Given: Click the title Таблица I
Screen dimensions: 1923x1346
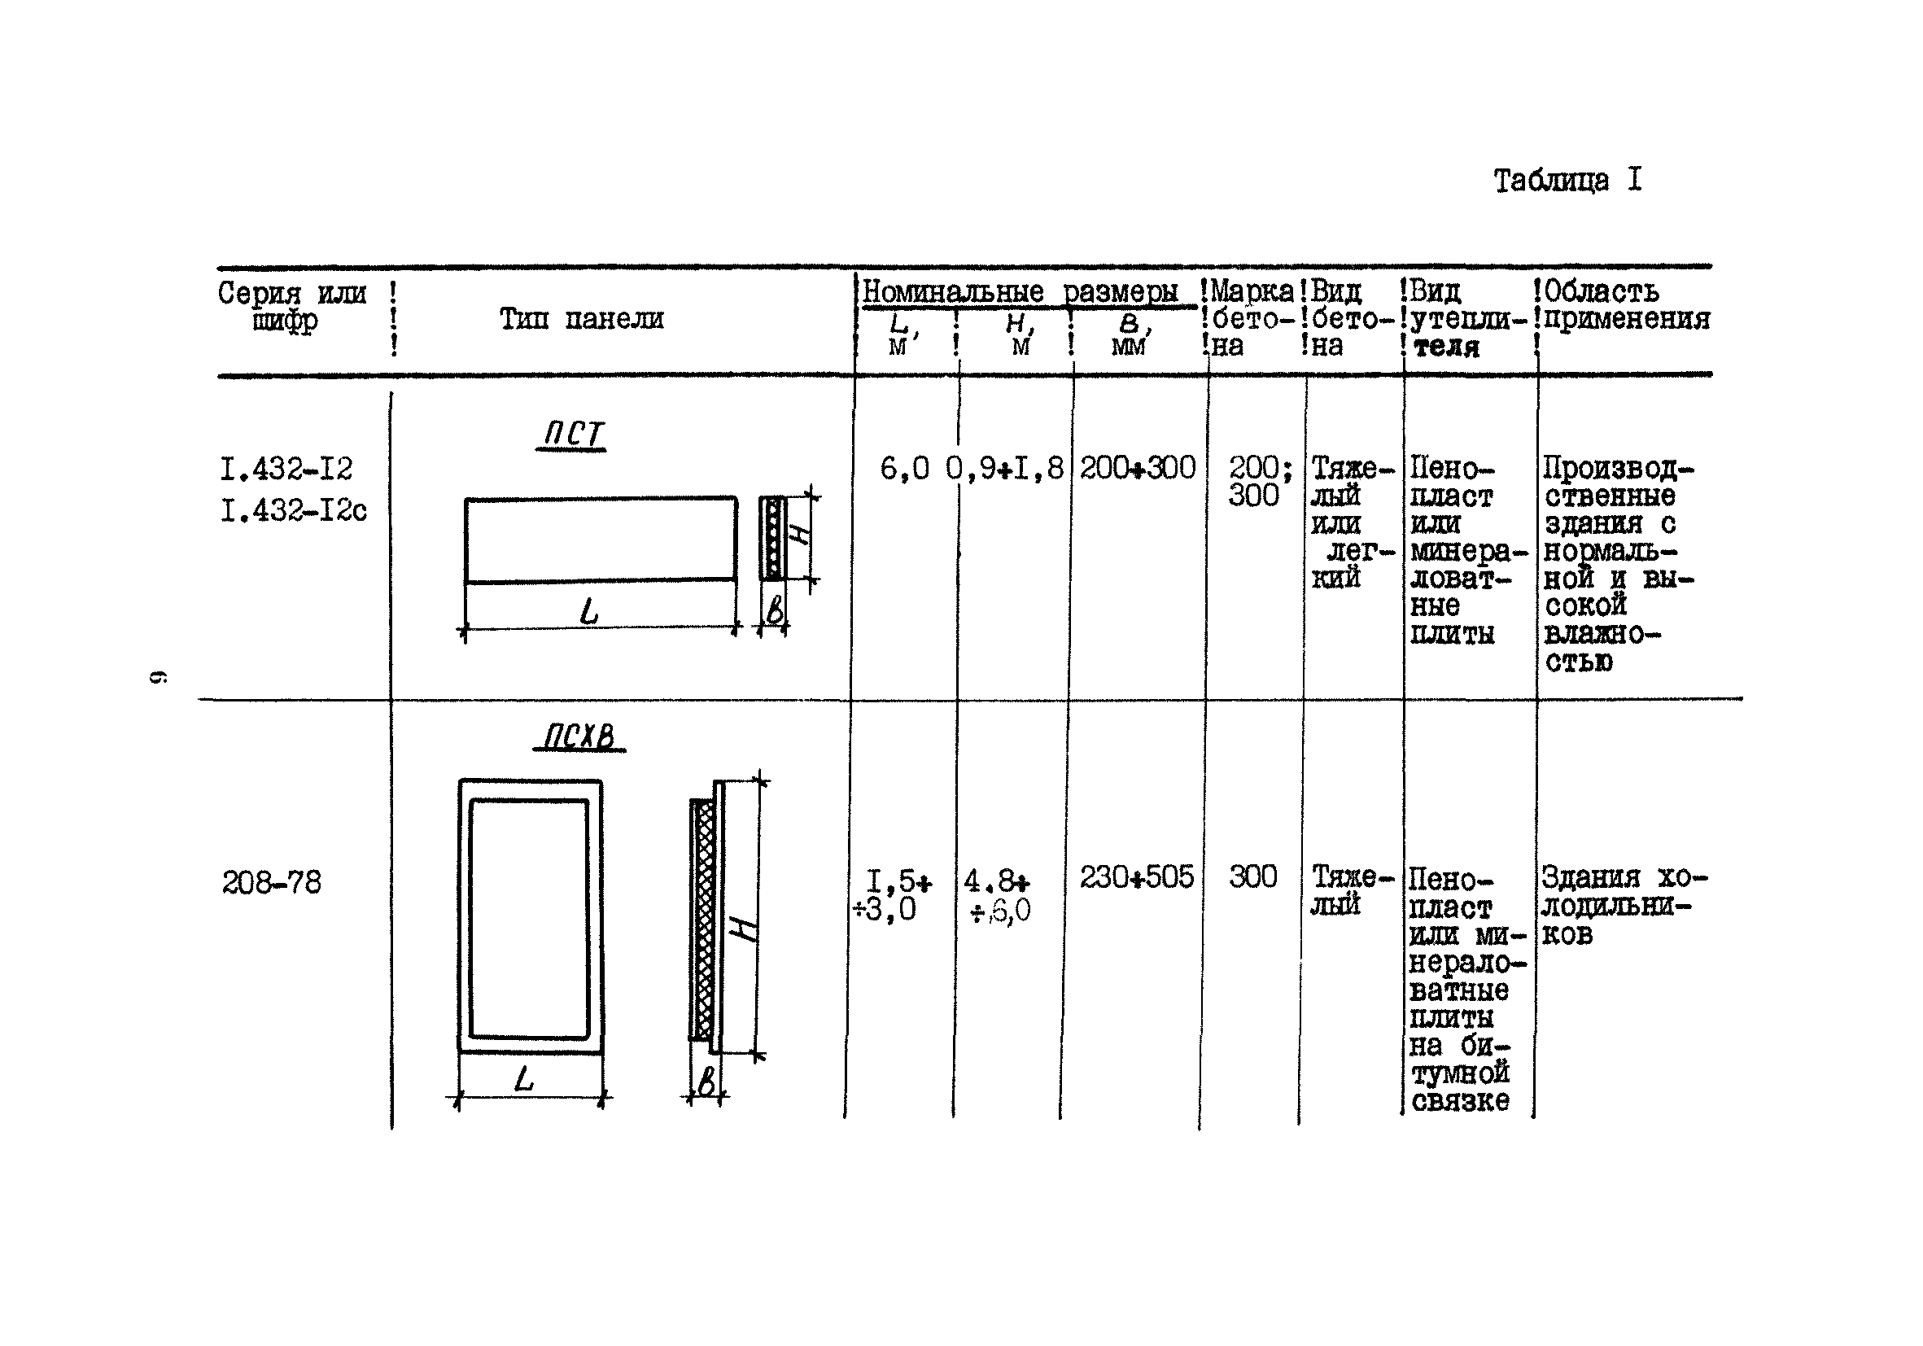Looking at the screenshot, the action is [x=1567, y=181].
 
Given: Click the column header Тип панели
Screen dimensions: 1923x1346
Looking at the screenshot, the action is [x=581, y=319].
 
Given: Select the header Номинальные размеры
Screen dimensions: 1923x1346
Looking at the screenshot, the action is [x=1020, y=292].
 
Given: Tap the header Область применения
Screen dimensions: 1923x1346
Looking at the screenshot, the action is [x=1625, y=305].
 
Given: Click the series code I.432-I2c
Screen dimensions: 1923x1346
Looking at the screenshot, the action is [x=293, y=510].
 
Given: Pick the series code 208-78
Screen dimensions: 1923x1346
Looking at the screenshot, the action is [x=271, y=882].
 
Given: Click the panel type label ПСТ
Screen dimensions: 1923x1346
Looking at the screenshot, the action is [x=572, y=434].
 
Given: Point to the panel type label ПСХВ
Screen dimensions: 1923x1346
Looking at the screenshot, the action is [x=579, y=736].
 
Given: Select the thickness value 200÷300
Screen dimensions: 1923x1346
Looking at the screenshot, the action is [x=1137, y=467].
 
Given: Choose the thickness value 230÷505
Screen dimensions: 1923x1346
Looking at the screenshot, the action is [x=1136, y=877].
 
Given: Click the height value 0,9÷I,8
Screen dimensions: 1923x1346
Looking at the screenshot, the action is [x=1004, y=468].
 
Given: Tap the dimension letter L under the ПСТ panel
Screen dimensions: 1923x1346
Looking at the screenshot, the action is [x=590, y=612].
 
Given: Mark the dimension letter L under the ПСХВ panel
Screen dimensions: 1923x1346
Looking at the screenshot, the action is [x=523, y=1079].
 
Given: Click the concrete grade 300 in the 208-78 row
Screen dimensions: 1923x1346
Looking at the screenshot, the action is [x=1252, y=877].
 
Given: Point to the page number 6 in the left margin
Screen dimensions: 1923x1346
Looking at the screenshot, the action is [x=157, y=676].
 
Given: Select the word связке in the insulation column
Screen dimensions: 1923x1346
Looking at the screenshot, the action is [x=1460, y=1100].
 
